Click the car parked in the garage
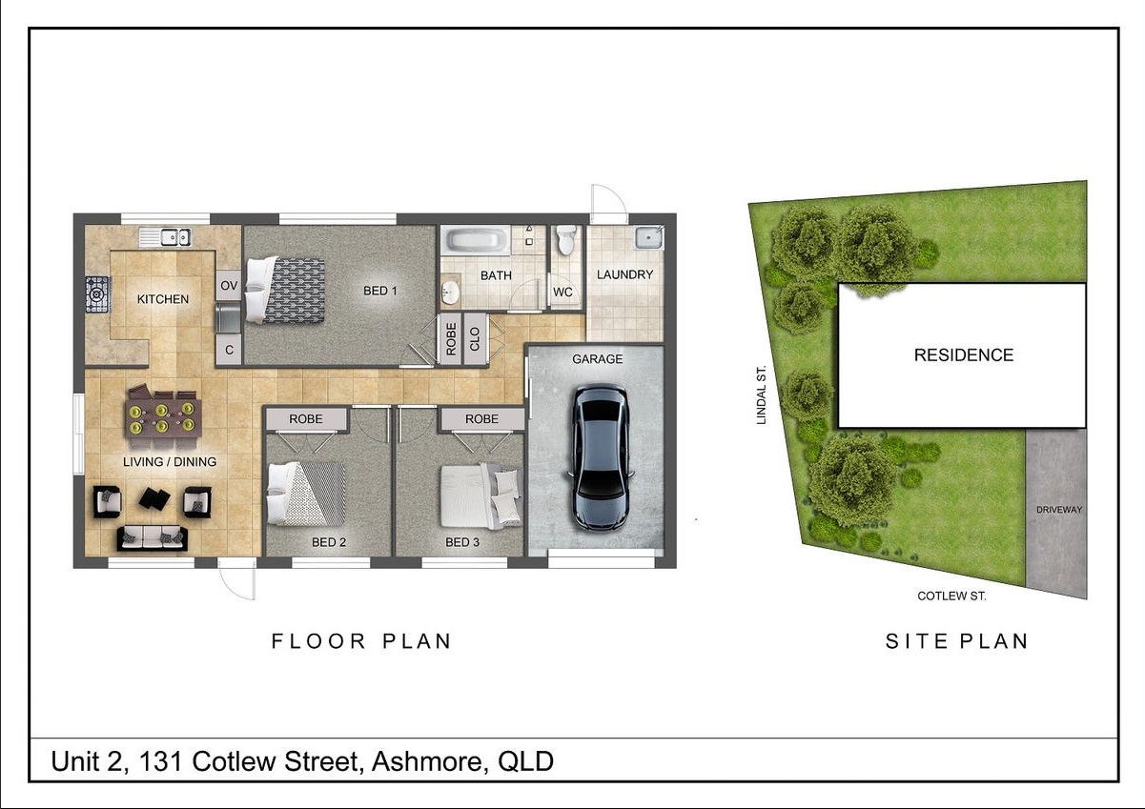point(601,457)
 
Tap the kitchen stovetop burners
point(97,294)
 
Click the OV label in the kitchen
point(229,286)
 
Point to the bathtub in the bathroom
point(477,240)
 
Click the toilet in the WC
point(566,240)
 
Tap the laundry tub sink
point(649,237)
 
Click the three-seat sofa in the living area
point(153,538)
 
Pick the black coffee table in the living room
point(154,498)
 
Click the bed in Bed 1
point(285,291)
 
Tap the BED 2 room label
point(329,542)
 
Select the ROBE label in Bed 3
point(481,419)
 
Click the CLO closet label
point(475,339)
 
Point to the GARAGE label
point(597,359)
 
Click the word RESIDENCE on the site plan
point(964,355)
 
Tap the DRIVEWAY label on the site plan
point(1059,510)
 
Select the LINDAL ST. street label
point(762,395)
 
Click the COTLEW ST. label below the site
point(951,596)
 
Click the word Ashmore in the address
point(426,761)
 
